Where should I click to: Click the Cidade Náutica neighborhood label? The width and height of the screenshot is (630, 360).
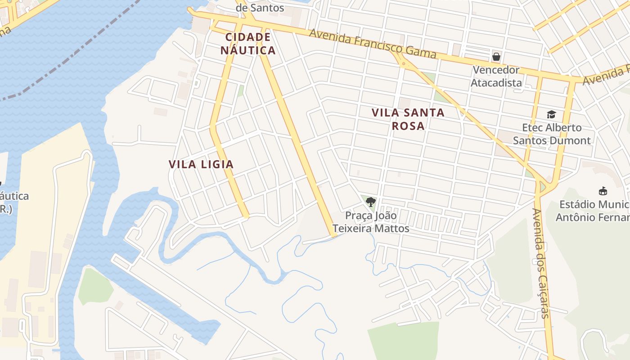pyautogui.click(x=248, y=44)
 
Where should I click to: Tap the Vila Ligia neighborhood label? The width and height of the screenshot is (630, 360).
pyautogui.click(x=201, y=164)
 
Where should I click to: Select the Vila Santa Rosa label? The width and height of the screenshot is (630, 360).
pyautogui.click(x=408, y=119)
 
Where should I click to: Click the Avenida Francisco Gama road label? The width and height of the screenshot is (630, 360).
pyautogui.click(x=373, y=44)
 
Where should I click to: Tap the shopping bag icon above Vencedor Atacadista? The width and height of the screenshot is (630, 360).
pyautogui.click(x=496, y=57)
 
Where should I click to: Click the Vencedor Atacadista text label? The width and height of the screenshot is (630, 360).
pyautogui.click(x=496, y=76)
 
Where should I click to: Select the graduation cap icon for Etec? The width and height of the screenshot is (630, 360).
pyautogui.click(x=551, y=114)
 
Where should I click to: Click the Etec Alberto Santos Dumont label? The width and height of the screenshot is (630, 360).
pyautogui.click(x=552, y=134)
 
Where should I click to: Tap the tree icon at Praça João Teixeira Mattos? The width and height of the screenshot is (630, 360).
pyautogui.click(x=370, y=202)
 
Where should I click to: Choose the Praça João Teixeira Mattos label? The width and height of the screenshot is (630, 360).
pyautogui.click(x=371, y=222)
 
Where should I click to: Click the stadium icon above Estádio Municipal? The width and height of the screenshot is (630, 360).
pyautogui.click(x=603, y=191)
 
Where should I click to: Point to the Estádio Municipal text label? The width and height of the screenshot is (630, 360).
pyautogui.click(x=593, y=211)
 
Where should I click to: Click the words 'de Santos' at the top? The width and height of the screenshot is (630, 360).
pyautogui.click(x=260, y=8)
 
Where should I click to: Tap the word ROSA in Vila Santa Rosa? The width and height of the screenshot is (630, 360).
pyautogui.click(x=408, y=126)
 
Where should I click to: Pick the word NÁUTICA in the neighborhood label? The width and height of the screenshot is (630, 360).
pyautogui.click(x=248, y=50)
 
